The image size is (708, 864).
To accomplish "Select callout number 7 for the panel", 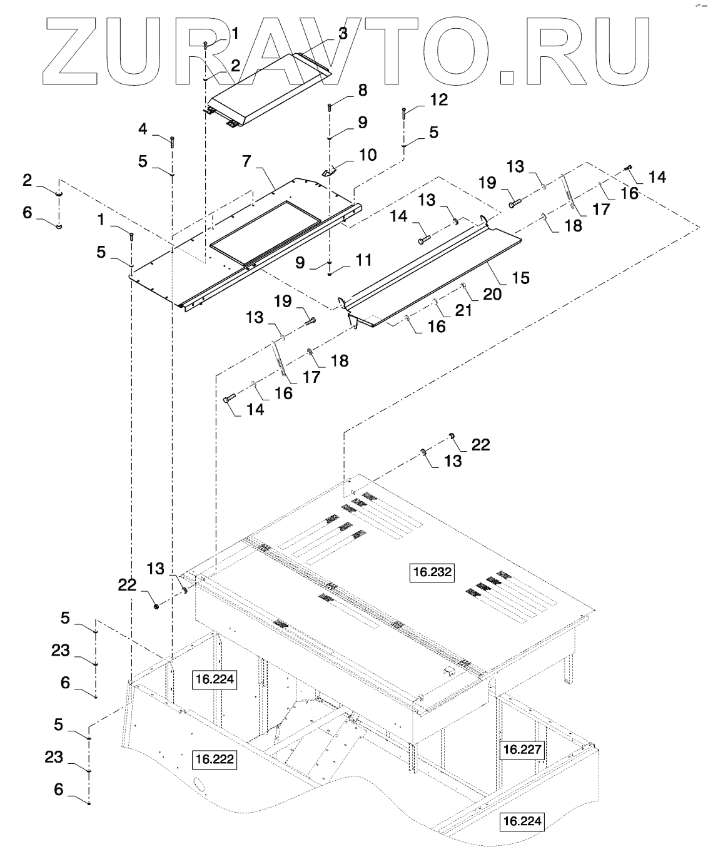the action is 246,161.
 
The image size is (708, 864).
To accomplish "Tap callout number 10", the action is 368,155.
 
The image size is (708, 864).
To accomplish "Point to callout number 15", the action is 521,278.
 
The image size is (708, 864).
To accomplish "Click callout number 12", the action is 439,99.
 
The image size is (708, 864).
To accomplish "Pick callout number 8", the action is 363,91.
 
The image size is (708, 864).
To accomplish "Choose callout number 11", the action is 363,260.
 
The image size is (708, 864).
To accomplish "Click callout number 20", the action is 492,294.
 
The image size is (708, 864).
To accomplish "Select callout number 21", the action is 463,310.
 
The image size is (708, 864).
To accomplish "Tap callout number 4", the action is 143,130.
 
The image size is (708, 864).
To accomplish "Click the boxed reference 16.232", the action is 432,571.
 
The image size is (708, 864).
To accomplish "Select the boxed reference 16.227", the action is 522,750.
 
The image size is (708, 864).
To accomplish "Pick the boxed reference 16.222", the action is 215,759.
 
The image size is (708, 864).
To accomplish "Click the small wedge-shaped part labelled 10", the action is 328,170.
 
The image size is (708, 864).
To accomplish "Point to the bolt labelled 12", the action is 404,113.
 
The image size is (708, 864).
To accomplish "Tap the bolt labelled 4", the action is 173,142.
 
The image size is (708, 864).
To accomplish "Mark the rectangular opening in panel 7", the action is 265,232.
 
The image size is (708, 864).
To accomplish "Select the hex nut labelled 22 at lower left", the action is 156,606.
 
